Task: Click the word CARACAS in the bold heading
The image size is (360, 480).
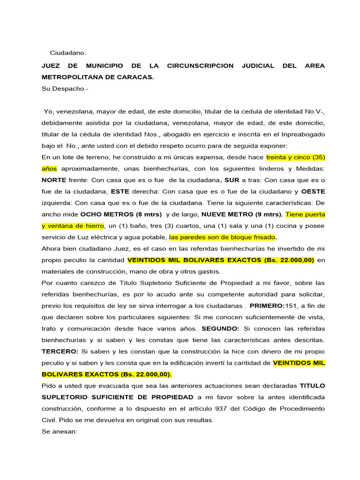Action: [x=137, y=77]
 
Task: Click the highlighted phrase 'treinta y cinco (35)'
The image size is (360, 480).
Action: [x=295, y=157]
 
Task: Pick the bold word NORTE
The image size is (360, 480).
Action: [x=54, y=180]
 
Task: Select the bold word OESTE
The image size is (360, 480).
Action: [x=313, y=191]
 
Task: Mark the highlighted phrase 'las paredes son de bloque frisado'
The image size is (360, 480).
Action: [x=222, y=237]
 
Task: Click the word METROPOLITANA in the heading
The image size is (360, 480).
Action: [x=72, y=77]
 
